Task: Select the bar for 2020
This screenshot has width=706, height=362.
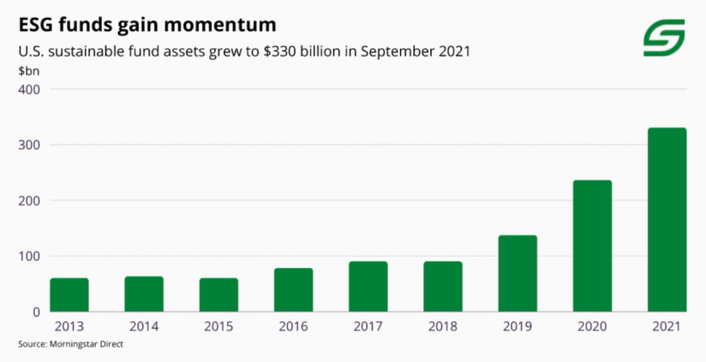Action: coord(592,246)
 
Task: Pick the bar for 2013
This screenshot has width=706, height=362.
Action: coord(69,294)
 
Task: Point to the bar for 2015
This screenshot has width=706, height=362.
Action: coord(218,294)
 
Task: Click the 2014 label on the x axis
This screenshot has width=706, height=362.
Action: coord(144,326)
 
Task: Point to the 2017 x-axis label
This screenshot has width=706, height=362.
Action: coord(368,326)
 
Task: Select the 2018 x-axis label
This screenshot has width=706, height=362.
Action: coord(443,326)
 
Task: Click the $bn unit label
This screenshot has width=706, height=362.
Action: coord(28,70)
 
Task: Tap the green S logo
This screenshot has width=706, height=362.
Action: coord(664,38)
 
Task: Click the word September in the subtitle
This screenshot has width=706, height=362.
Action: coord(393,50)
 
